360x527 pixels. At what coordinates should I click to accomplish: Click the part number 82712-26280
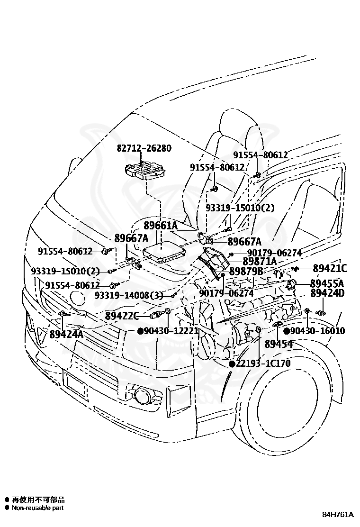tap(144, 148)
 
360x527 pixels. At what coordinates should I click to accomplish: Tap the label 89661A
tap(161, 226)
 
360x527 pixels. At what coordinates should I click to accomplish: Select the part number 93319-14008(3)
tap(129, 295)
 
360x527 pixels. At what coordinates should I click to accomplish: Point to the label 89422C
tap(122, 316)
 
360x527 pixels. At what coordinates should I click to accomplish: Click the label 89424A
tap(66, 334)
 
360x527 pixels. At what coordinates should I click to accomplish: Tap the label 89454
tap(279, 344)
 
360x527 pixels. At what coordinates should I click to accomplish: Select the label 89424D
tap(327, 293)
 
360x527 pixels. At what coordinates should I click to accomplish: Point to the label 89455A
tap(327, 283)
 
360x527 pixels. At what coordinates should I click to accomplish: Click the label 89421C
tap(330, 268)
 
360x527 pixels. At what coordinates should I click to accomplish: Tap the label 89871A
tap(260, 261)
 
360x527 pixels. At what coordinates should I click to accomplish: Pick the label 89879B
tap(246, 271)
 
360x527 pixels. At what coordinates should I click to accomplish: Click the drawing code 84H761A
tap(338, 515)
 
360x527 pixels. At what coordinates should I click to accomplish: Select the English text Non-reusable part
tap(37, 508)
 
